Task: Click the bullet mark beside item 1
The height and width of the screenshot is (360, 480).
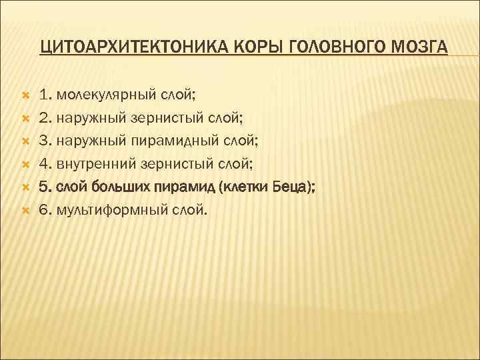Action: coord(24,96)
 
